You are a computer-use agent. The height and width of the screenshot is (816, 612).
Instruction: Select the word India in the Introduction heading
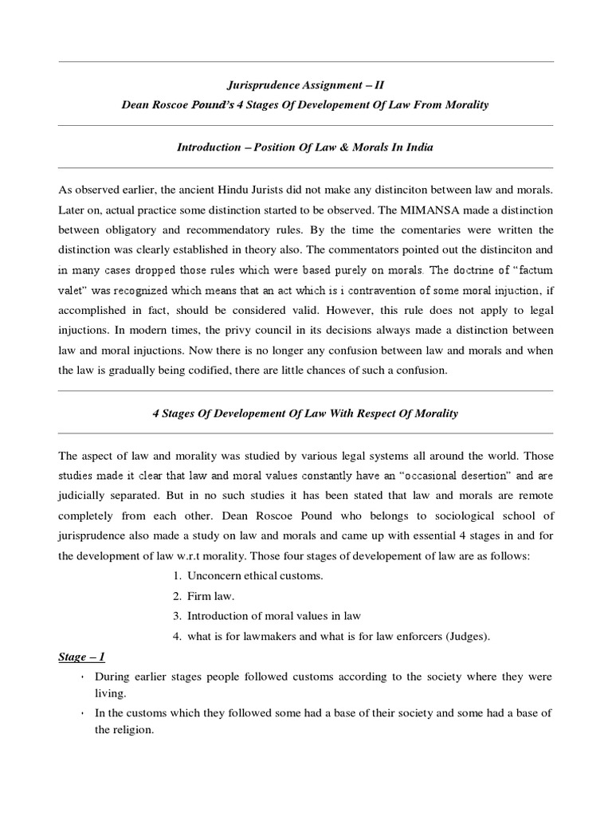[x=418, y=147]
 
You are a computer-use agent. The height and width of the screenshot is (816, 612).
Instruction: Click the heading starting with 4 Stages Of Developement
[x=306, y=414]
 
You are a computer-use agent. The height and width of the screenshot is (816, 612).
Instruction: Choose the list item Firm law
[x=210, y=595]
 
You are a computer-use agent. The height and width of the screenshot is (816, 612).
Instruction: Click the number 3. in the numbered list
[x=177, y=615]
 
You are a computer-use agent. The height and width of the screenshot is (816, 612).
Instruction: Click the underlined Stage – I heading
[x=81, y=656]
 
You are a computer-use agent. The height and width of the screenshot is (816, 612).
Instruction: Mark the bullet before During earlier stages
[x=83, y=677]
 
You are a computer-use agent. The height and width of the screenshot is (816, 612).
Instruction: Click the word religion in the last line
[x=132, y=729]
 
